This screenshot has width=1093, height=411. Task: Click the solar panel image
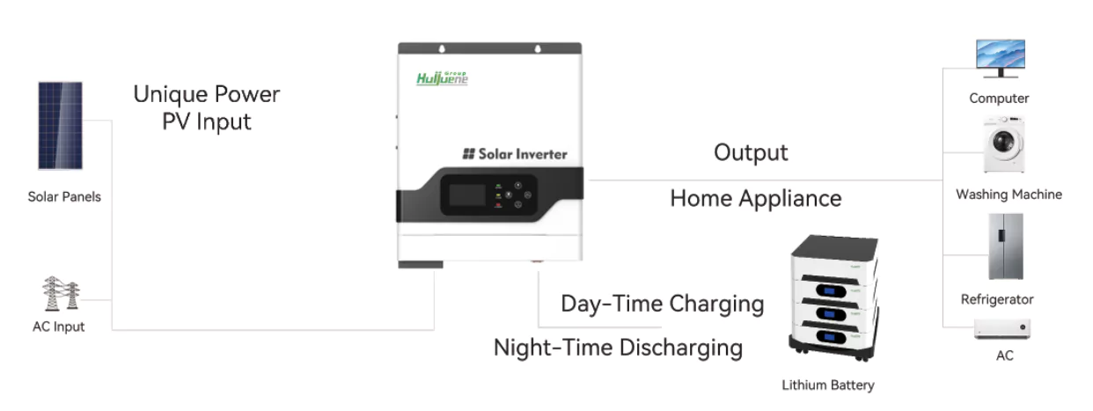[x=61, y=126]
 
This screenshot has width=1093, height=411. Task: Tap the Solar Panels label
[x=64, y=197]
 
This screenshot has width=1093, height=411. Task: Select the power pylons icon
[x=61, y=293]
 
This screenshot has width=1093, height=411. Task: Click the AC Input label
[x=59, y=327]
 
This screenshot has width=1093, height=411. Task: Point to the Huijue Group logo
[x=442, y=78]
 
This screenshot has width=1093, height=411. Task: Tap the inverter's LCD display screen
[x=467, y=195]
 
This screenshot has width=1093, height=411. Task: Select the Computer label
[x=999, y=98]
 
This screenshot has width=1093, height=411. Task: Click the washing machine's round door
[x=1004, y=143]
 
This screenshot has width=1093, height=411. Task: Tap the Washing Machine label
[x=1009, y=194]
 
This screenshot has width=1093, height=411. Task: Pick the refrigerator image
[x=1006, y=246]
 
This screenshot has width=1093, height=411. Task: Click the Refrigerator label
[x=997, y=299]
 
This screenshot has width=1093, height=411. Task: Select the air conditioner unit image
[x=1002, y=328]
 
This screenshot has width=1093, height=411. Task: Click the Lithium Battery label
[x=828, y=385]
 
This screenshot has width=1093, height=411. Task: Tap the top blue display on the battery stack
[x=831, y=291]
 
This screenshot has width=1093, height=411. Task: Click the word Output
[x=751, y=153]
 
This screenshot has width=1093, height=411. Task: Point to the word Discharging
[x=681, y=349]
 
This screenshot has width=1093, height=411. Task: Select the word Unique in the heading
[x=171, y=95]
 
